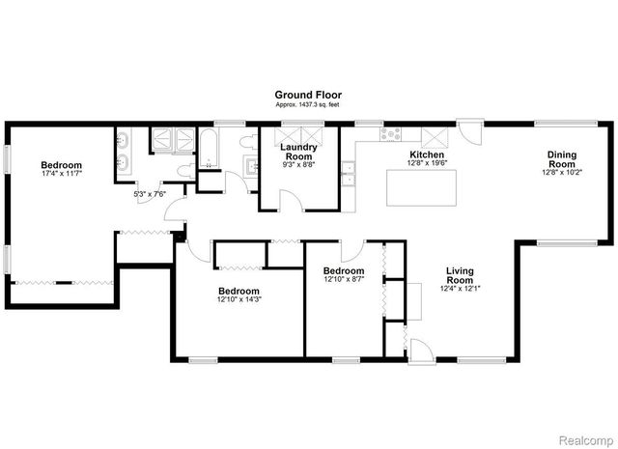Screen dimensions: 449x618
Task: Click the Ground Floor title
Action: (308, 95)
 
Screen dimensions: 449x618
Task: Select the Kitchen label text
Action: (426, 154)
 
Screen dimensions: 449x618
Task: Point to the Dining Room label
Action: (561, 159)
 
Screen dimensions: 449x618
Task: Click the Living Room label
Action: (461, 275)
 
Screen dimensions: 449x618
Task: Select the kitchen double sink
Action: (348, 176)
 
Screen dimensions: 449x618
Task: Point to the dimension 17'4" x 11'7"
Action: (61, 174)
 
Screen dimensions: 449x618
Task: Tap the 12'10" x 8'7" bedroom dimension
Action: (343, 280)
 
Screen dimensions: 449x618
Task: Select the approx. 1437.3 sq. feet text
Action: (308, 104)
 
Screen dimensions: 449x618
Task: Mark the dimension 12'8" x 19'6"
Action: (426, 164)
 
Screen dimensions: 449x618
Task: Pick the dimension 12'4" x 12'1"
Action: (461, 288)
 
